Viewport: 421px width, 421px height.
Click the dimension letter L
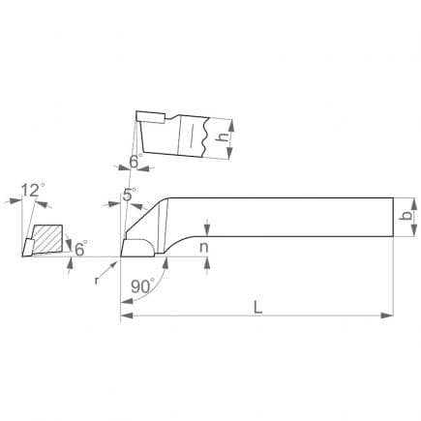click(x=257, y=307)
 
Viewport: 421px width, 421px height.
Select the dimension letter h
click(x=222, y=136)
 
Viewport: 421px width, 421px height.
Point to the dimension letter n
click(x=203, y=248)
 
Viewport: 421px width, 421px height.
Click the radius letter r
click(x=97, y=281)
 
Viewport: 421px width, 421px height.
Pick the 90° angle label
click(x=143, y=286)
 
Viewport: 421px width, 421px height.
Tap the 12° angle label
click(x=33, y=190)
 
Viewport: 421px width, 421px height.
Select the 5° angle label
click(x=129, y=195)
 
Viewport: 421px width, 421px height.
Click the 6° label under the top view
click(x=135, y=161)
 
